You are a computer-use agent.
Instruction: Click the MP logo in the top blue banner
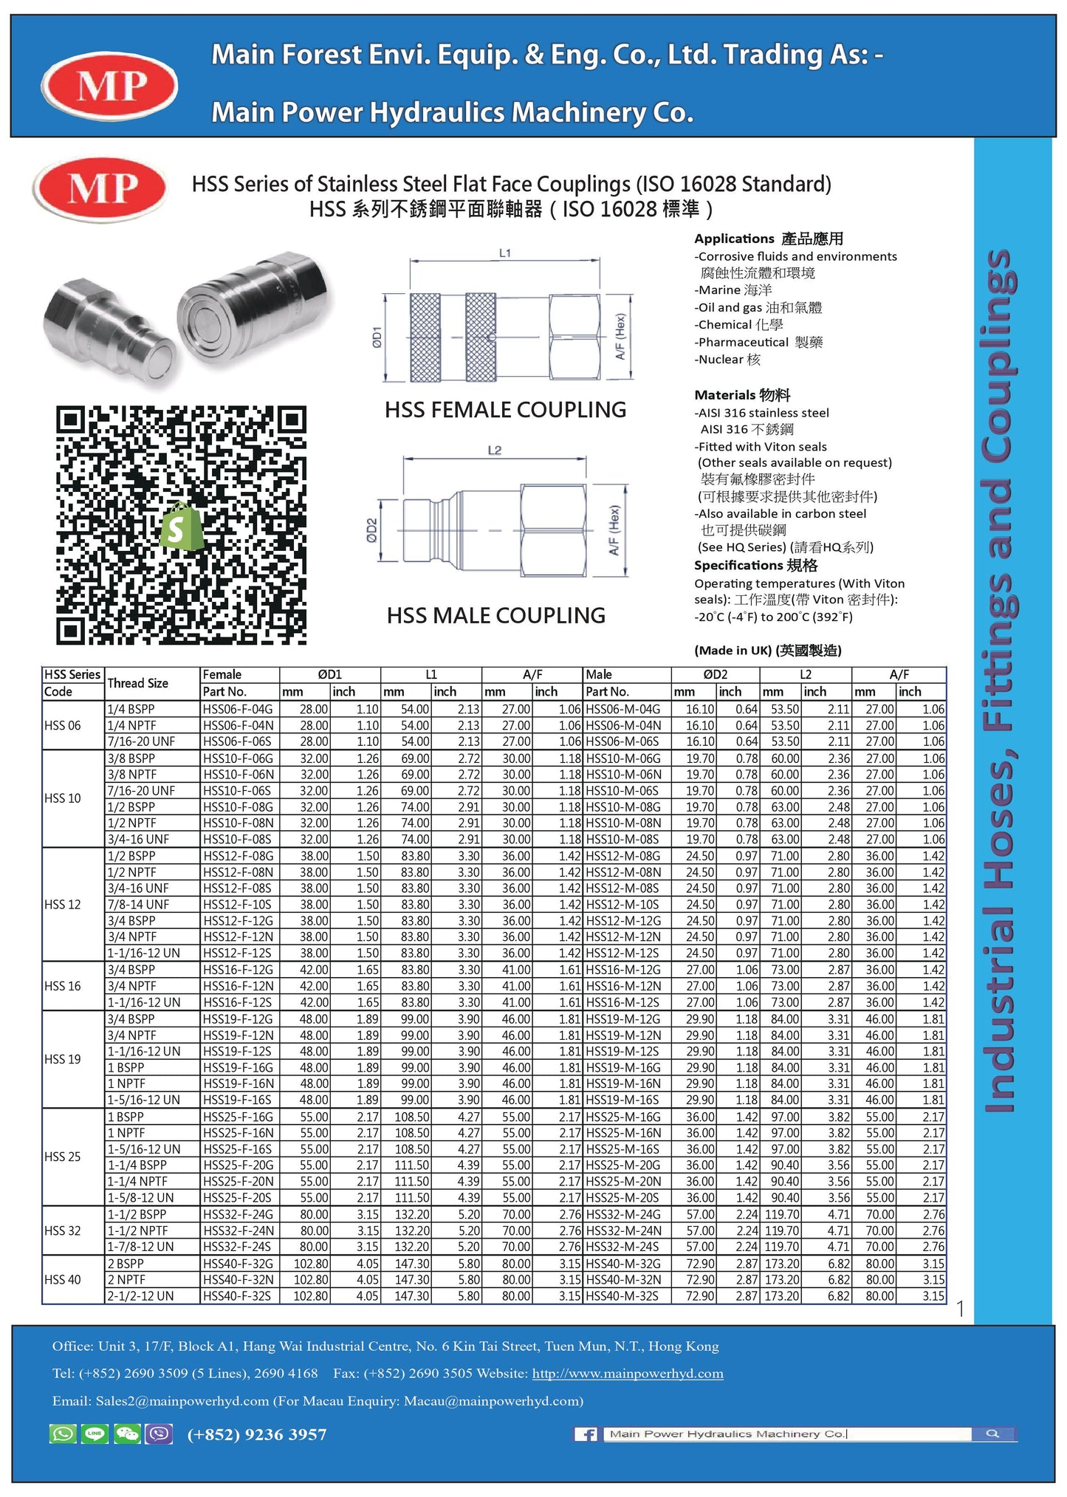tap(109, 86)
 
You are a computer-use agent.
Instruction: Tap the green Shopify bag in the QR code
tap(177, 525)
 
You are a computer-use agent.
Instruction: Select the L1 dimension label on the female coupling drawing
tap(505, 253)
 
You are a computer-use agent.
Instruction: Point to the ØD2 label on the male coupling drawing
tap(371, 531)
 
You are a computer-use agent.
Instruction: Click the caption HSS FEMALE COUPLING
tap(505, 410)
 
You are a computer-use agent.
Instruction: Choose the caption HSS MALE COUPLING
tap(496, 615)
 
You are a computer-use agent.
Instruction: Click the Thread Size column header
tap(138, 683)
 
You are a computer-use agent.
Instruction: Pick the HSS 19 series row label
tap(63, 1059)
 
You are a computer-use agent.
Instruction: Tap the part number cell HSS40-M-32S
tap(622, 1296)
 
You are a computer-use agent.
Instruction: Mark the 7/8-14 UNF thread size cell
tap(139, 905)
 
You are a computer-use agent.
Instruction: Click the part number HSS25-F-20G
tap(238, 1165)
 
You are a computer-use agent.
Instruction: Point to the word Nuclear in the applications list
tap(721, 360)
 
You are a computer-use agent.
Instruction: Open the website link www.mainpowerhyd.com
tap(628, 1374)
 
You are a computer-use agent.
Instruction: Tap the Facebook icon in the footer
tap(586, 1434)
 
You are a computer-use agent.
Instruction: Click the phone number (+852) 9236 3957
tap(257, 1435)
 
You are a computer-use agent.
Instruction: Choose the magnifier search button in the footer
tap(993, 1433)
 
